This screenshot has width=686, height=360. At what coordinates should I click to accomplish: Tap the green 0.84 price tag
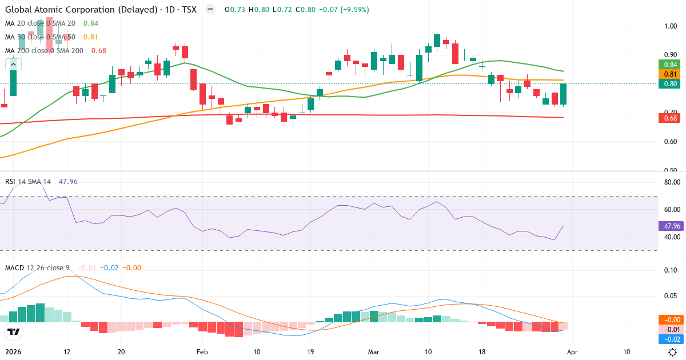click(x=669, y=64)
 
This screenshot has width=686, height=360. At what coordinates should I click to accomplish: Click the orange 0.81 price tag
click(x=669, y=74)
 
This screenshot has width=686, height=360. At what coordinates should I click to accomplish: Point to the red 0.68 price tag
click(x=669, y=118)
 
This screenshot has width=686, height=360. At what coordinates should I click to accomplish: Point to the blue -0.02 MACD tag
click(x=669, y=339)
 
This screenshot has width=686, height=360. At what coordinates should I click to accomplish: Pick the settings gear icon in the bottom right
click(x=673, y=352)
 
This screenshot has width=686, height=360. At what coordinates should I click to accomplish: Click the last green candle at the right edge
click(x=564, y=94)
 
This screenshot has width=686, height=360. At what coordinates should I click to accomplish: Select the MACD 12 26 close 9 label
click(x=38, y=267)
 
